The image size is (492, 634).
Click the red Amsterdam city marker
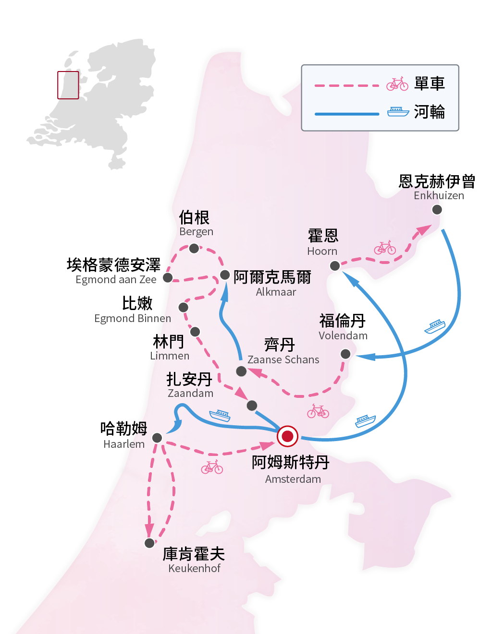(287, 436)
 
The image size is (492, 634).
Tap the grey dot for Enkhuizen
(437, 209)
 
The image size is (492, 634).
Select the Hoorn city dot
(335, 265)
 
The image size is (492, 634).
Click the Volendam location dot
(345, 354)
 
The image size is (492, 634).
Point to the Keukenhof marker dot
(149, 543)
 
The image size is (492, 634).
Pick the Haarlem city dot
(157, 437)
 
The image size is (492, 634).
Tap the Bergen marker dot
(194, 248)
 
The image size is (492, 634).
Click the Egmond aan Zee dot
(168, 277)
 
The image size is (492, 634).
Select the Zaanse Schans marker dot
(241, 371)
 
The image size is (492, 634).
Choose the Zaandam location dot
(251, 406)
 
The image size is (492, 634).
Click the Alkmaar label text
(276, 292)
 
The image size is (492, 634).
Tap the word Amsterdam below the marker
(293, 479)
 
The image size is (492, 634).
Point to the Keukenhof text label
(194, 568)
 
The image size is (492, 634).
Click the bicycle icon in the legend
(397, 84)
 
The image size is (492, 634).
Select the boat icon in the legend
(398, 112)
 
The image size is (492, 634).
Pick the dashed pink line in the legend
(347, 86)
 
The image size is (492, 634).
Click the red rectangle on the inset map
(68, 85)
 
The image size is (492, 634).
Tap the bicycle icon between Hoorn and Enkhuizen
(385, 248)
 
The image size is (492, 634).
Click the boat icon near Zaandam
(220, 415)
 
